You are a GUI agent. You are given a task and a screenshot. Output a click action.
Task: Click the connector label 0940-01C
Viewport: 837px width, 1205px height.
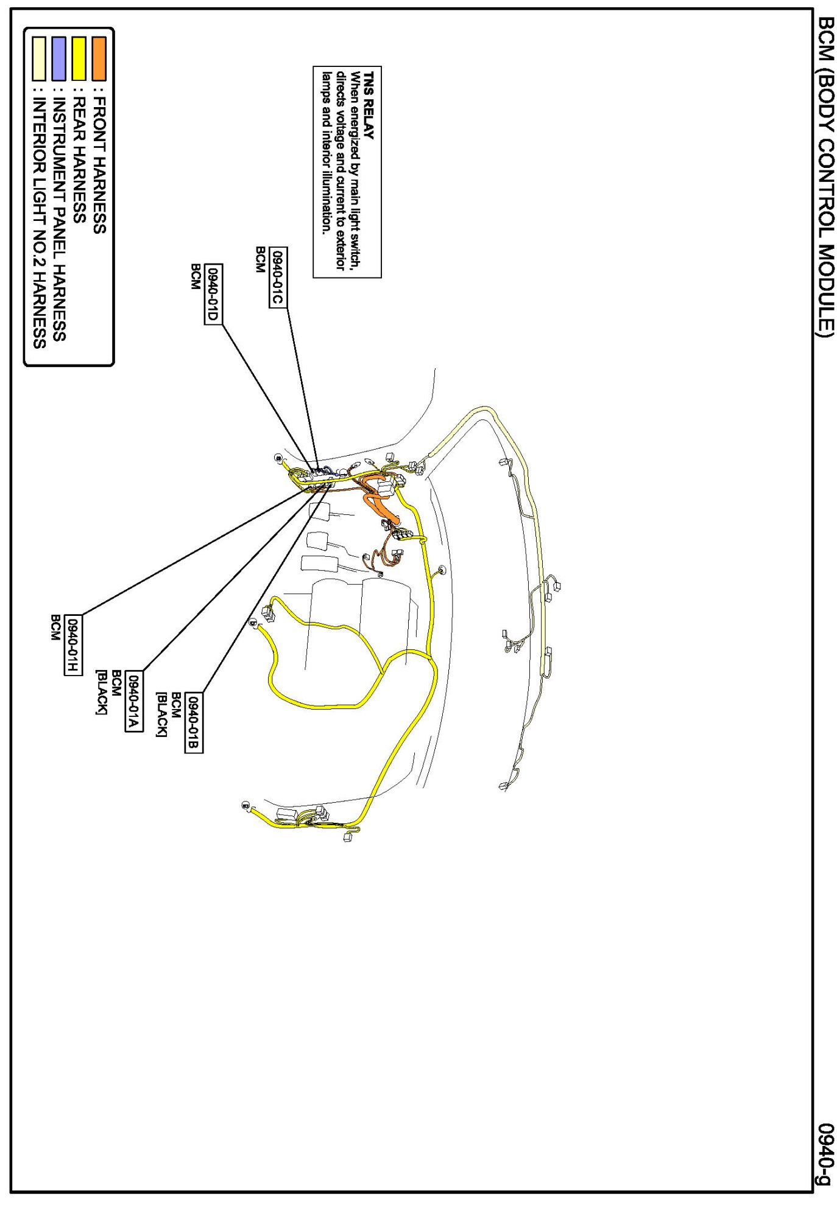[x=278, y=278]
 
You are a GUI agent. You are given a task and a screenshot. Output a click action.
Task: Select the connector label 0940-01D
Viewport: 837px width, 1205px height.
[x=213, y=295]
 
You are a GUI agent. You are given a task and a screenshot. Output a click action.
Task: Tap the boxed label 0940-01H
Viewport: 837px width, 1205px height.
[x=72, y=645]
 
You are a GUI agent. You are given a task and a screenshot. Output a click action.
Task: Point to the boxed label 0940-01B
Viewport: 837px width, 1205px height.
[x=193, y=724]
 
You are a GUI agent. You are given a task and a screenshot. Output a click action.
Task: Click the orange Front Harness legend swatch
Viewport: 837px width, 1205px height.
[x=99, y=58]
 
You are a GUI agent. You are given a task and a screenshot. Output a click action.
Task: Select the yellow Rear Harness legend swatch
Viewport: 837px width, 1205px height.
[x=79, y=58]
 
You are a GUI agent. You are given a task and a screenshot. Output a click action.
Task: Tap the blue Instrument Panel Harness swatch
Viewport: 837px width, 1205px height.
[x=58, y=58]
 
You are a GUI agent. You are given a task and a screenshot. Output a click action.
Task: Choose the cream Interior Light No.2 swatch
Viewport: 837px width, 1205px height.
[x=39, y=58]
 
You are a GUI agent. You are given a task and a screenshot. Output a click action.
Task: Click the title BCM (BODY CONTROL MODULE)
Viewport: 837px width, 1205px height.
[x=825, y=176]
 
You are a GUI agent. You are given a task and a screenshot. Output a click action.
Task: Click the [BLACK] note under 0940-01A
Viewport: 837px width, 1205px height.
[x=101, y=693]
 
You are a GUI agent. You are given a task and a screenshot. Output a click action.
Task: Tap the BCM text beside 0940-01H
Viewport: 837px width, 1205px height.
[x=55, y=628]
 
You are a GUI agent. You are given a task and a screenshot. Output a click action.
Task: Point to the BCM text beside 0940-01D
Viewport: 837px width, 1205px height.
[x=196, y=276]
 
